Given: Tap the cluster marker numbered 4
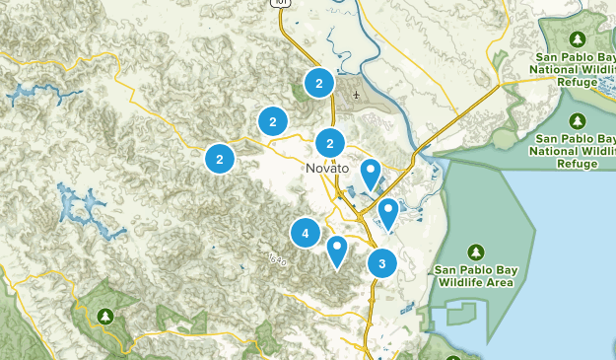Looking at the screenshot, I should (306, 234).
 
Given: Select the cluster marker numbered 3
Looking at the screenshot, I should (381, 263).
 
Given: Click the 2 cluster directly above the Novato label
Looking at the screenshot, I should (330, 141).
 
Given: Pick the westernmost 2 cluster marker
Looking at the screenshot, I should (220, 158).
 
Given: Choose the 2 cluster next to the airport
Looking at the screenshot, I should (319, 84).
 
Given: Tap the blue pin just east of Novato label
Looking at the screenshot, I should (371, 174).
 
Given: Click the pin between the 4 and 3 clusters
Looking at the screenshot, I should (338, 251).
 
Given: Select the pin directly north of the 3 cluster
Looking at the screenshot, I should (388, 212).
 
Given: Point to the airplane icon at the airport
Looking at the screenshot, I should (355, 96).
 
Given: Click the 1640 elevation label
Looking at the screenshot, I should (277, 259).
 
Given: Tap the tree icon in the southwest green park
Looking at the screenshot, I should (106, 317).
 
